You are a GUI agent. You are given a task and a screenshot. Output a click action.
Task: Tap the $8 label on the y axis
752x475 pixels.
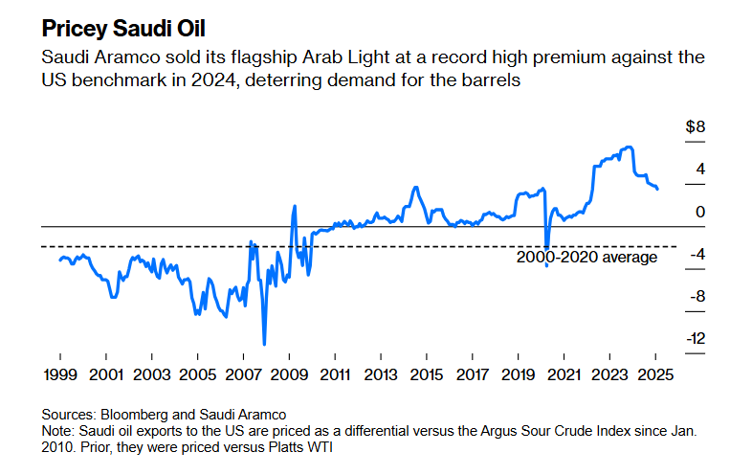click(x=696, y=127)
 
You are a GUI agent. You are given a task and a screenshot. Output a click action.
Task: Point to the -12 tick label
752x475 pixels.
click(x=694, y=338)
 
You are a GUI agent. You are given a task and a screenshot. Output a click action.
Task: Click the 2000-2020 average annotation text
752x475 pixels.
click(x=586, y=257)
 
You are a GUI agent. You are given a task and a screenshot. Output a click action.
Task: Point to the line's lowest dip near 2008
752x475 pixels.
click(x=264, y=344)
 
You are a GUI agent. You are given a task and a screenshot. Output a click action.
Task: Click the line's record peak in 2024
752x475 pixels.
click(x=628, y=147)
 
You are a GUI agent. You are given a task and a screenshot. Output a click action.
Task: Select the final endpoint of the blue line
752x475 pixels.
click(x=657, y=189)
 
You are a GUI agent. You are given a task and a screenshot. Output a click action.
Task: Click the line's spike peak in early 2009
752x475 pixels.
click(x=294, y=206)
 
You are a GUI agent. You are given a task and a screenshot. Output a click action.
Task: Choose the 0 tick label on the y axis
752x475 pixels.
click(x=700, y=212)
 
